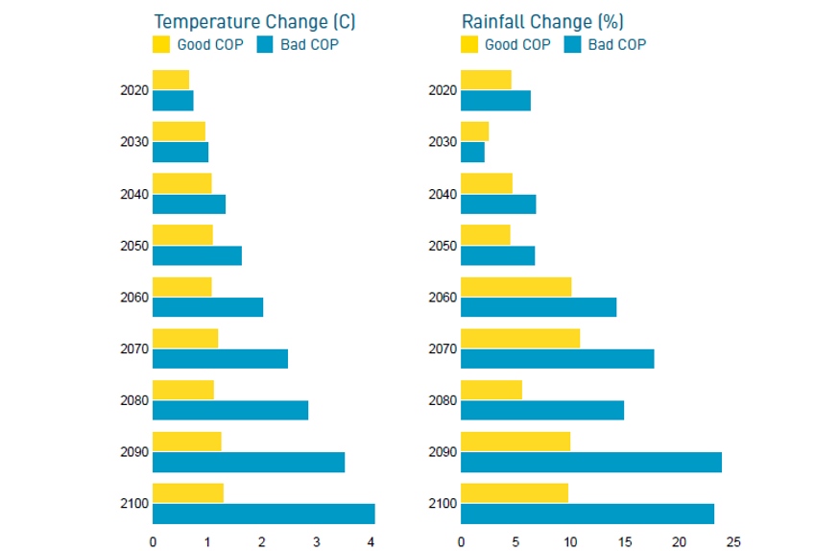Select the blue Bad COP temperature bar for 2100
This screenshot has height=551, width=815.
coord(263,514)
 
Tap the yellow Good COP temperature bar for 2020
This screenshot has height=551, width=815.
coord(171,80)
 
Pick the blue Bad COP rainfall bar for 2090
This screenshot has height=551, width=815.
coord(590,462)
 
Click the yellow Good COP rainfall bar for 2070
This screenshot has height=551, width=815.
coord(520,338)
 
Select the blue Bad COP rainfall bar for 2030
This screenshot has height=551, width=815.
coord(472,152)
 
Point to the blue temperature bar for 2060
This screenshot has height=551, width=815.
coord(207,307)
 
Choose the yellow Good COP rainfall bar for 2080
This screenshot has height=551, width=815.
coord(491,390)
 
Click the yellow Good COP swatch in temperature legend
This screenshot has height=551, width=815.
coord(161,44)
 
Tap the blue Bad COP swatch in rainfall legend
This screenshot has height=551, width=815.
coord(573,44)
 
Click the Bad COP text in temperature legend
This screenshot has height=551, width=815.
coord(309,44)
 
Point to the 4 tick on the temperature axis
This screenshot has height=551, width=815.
coord(372,541)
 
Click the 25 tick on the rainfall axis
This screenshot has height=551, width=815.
coord(733,541)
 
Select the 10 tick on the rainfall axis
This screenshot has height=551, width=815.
coord(570,541)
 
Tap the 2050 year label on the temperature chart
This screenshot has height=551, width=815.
coord(134,246)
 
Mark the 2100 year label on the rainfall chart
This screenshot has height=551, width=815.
coord(443,504)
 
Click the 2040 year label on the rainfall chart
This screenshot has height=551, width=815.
coord(443,195)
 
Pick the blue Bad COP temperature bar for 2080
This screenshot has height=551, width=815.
coord(230,410)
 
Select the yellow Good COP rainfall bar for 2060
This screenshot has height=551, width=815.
coord(516,287)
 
